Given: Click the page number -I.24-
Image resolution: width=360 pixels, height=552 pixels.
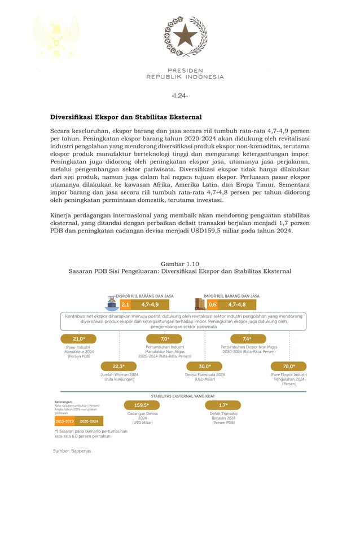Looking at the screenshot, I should (179, 95).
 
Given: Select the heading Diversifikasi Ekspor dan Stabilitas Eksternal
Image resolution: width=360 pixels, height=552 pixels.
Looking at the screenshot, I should (126, 117).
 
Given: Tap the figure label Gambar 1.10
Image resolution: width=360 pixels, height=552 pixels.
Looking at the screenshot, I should (179, 263).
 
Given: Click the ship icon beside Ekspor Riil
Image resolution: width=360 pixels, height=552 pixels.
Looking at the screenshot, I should (112, 303).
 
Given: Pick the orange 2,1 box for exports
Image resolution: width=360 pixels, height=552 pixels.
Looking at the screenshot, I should (125, 304).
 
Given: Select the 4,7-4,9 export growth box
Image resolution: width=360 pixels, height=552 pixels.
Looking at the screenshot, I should (150, 304).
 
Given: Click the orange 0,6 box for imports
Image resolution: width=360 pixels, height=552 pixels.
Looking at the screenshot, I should (212, 304).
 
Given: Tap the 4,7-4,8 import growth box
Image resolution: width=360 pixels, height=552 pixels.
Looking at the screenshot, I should (236, 304).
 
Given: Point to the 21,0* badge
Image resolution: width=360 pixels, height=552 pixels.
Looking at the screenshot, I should (78, 339).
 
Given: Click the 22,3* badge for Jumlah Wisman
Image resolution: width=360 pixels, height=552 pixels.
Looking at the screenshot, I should (118, 366).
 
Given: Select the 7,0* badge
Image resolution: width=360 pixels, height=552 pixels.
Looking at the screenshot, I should (164, 339).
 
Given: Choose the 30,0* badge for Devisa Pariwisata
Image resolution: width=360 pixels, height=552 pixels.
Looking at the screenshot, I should (204, 366).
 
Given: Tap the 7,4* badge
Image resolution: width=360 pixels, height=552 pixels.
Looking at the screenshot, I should (247, 339).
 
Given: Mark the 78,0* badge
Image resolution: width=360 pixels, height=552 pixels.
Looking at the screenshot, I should (289, 366).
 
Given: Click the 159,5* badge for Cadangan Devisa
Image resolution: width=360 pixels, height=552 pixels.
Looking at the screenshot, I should (142, 405).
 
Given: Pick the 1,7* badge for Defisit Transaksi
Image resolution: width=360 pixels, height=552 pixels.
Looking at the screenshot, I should (223, 405).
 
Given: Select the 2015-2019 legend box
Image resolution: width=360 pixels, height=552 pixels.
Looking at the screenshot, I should (65, 421).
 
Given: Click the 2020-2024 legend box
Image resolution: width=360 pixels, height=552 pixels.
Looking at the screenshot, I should (89, 421).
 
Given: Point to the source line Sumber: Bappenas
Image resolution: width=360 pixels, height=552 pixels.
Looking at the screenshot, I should (72, 451).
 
